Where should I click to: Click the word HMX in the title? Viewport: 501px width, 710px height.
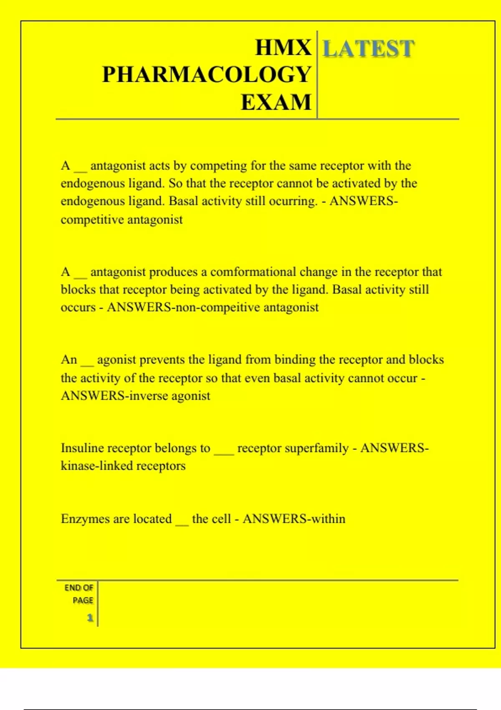283,48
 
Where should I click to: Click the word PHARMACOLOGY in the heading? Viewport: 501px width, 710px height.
207,75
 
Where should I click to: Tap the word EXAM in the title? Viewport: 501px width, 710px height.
276,102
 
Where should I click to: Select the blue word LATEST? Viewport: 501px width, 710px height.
369,48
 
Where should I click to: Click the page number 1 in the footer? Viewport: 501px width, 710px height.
90,618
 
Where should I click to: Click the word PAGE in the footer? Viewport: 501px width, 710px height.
83,600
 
